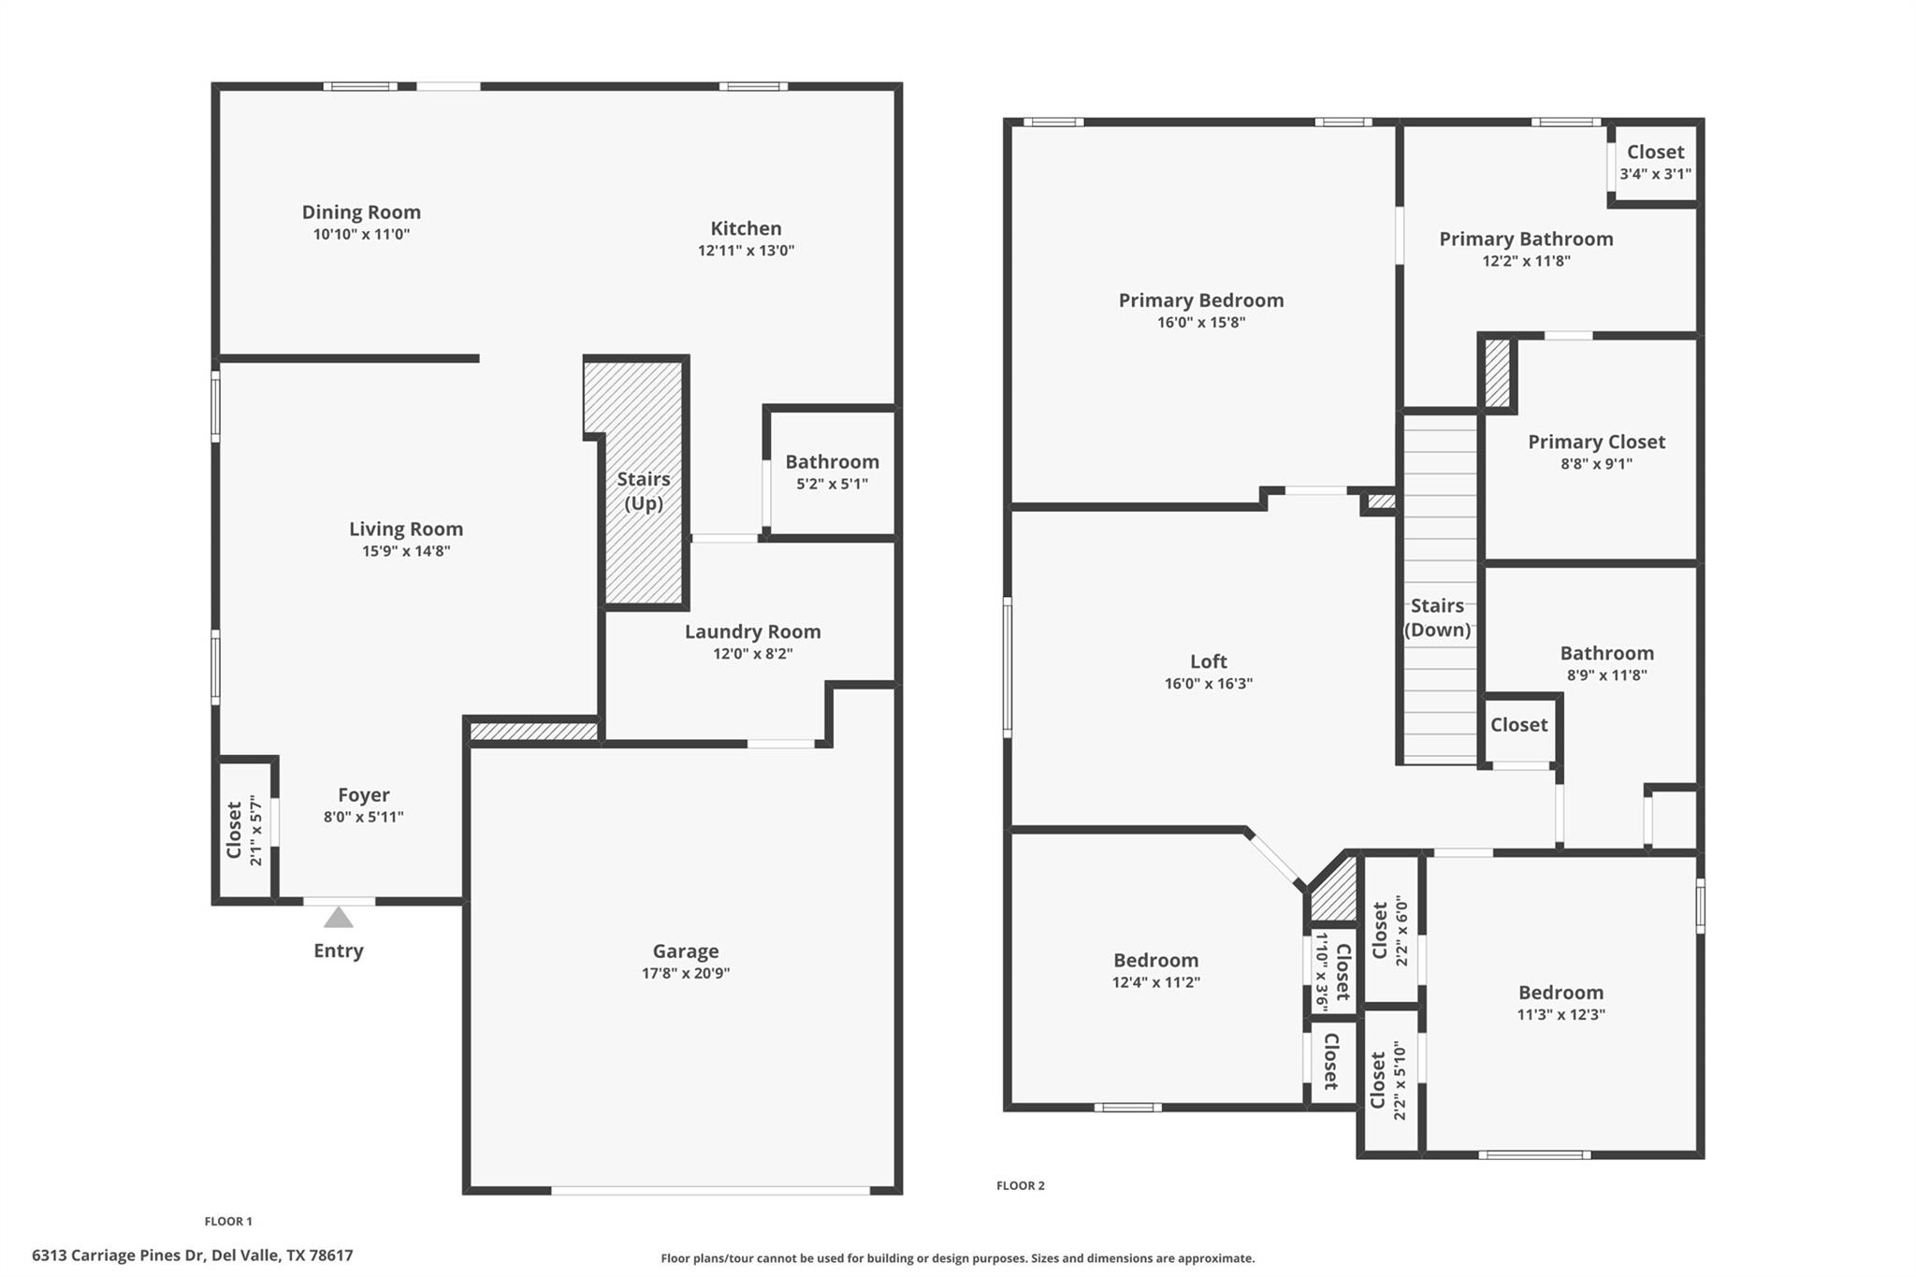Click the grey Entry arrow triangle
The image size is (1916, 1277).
coord(339,918)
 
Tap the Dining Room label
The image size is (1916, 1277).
coord(361,212)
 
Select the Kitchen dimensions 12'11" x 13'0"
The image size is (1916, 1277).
coord(746,251)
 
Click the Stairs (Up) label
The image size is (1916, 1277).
coord(644,491)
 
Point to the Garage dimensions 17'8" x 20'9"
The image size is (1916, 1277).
coord(686,973)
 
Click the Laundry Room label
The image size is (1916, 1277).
coord(752,631)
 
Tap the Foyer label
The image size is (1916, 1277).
coord(363,795)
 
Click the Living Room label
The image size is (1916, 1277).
coord(406,529)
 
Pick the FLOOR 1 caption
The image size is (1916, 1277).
coord(228,1221)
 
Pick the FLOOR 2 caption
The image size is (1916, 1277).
coord(1020,1185)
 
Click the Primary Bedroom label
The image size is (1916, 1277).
coord(1201,300)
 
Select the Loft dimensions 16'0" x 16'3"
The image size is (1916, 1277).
coord(1208,684)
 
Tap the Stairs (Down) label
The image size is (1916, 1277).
coord(1437,617)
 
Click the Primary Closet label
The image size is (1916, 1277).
coord(1596,442)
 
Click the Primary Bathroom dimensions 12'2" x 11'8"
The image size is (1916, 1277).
coord(1526,261)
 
